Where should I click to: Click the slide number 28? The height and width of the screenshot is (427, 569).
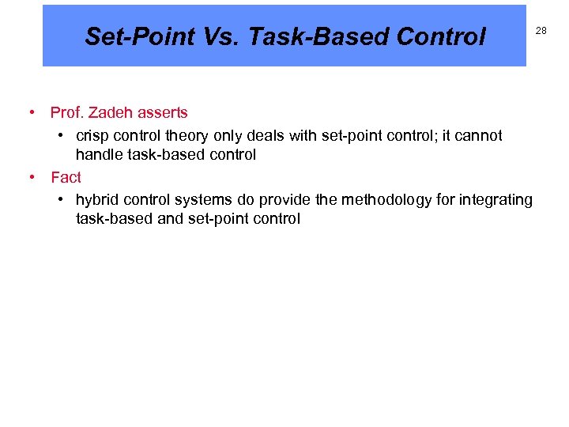tap(541, 30)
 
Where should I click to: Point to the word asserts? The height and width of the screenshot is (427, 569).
tap(164, 113)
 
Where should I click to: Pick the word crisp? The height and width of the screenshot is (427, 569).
tap(92, 136)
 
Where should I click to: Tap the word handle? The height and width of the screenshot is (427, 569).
tap(98, 155)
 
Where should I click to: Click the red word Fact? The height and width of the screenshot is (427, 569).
tap(66, 177)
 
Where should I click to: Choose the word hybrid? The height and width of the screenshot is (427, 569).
tap(97, 200)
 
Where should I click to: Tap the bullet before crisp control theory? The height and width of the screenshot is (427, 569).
tap(61, 136)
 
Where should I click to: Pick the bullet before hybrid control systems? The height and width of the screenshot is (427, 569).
tap(61, 200)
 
